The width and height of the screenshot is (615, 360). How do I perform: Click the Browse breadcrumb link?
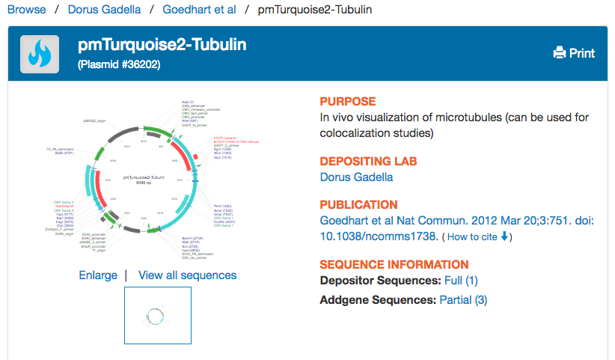tap(26, 10)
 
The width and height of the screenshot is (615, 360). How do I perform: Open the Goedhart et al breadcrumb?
tap(199, 10)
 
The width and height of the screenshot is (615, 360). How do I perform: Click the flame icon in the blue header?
tap(40, 54)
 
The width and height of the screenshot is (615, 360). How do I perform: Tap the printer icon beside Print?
tap(559, 53)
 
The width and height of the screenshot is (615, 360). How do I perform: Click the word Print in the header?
tap(582, 53)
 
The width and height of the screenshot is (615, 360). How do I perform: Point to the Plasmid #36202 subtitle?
tap(119, 65)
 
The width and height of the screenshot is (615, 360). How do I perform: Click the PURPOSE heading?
tap(348, 102)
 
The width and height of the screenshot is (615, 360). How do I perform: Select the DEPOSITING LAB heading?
tap(368, 161)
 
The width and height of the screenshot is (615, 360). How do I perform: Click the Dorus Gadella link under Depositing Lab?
tap(356, 177)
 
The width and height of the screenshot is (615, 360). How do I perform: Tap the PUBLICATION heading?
tap(358, 205)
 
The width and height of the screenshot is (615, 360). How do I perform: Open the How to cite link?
tap(477, 237)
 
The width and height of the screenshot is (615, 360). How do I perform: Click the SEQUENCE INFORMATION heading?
tap(394, 264)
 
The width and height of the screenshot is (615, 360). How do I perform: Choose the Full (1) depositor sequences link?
tap(461, 281)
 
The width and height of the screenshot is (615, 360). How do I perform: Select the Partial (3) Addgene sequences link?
tap(463, 299)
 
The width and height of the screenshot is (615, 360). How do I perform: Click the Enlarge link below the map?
tap(98, 275)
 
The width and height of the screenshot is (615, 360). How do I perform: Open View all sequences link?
tap(187, 275)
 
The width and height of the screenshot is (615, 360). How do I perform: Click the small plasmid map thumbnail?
tap(157, 315)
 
